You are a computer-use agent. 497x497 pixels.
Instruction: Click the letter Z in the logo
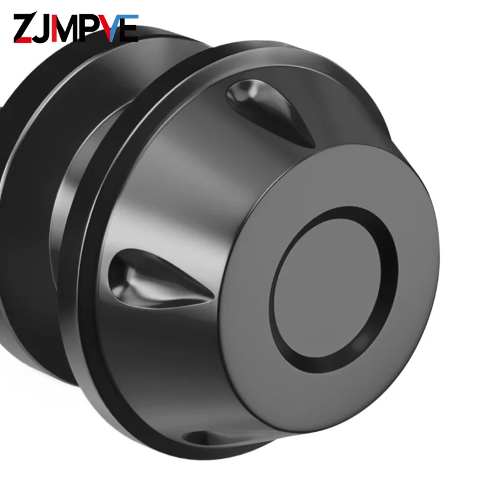pos(23,27)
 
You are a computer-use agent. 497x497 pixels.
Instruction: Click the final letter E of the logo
pos(129,28)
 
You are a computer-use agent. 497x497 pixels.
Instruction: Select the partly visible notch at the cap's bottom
pos(206,439)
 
